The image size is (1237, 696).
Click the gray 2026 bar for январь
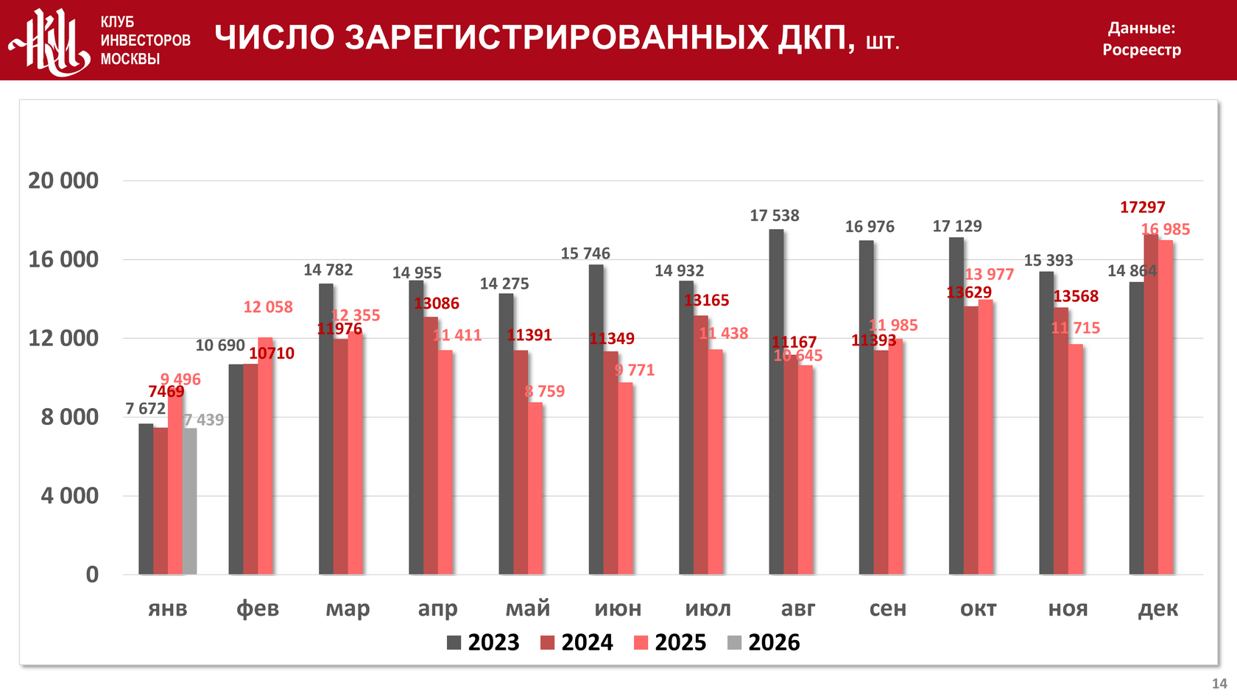(189, 501)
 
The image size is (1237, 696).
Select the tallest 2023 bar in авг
(776, 401)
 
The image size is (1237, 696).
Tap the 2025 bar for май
(535, 488)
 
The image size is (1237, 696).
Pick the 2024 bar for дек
(1151, 404)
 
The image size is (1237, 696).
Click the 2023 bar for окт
(956, 405)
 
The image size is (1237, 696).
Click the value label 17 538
(774, 216)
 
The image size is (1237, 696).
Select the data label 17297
(1142, 208)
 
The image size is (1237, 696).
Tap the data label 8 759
(545, 392)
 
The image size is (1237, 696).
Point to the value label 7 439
(204, 420)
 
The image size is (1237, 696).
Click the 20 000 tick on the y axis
(63, 180)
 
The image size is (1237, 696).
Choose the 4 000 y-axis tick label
(69, 496)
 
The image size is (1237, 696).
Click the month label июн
(618, 608)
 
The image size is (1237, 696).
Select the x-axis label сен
(887, 608)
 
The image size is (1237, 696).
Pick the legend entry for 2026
(764, 642)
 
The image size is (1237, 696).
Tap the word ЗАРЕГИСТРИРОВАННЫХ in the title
(557, 38)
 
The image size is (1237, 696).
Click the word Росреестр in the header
(1141, 50)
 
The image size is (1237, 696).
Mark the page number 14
(1219, 683)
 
